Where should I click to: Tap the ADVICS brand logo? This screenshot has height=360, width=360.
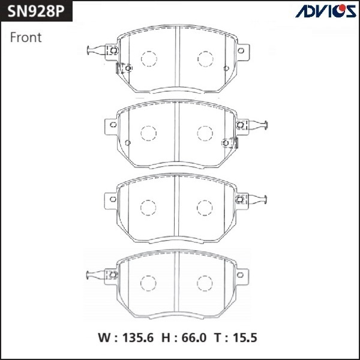tap(317, 11)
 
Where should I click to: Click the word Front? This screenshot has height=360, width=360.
tap(26, 37)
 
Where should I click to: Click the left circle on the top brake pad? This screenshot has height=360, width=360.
tap(148, 59)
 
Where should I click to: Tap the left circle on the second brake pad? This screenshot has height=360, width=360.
tap(148, 133)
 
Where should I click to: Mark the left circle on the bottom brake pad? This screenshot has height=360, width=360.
tap(148, 283)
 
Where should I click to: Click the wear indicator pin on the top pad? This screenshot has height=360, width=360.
tap(95, 50)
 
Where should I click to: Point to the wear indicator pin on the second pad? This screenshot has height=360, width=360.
tap(258, 125)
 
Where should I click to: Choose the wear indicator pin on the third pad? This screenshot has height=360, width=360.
tap(258, 200)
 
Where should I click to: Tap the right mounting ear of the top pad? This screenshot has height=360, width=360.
tap(242, 52)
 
